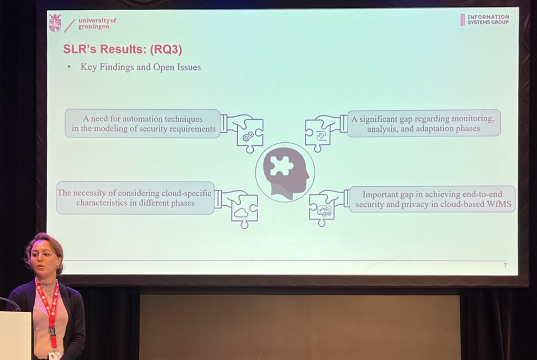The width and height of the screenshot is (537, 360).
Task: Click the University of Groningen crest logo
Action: (x=55, y=23)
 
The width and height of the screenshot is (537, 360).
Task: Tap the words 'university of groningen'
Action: (x=97, y=23)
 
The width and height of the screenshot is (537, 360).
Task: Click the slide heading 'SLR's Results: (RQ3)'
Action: (x=122, y=49)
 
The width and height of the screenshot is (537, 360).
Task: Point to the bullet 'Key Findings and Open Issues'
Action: (x=141, y=67)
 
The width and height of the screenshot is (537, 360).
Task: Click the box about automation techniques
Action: (x=143, y=124)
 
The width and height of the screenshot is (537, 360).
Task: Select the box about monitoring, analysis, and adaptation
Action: (x=424, y=123)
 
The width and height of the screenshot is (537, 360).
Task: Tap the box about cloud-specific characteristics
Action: (x=135, y=198)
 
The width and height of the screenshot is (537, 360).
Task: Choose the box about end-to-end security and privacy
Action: (x=433, y=199)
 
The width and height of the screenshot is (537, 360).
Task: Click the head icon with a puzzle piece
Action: (x=285, y=173)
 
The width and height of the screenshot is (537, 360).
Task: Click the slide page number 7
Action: (x=505, y=265)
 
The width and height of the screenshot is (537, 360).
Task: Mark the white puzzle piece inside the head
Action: (x=281, y=166)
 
